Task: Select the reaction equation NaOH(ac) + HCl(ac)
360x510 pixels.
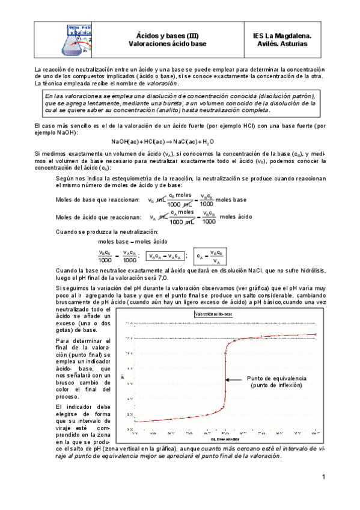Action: click(x=162, y=141)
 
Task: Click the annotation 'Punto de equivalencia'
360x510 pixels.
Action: click(x=277, y=378)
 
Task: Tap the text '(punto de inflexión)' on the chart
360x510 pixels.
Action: click(x=277, y=386)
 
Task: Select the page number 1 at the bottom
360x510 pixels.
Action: click(x=323, y=478)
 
